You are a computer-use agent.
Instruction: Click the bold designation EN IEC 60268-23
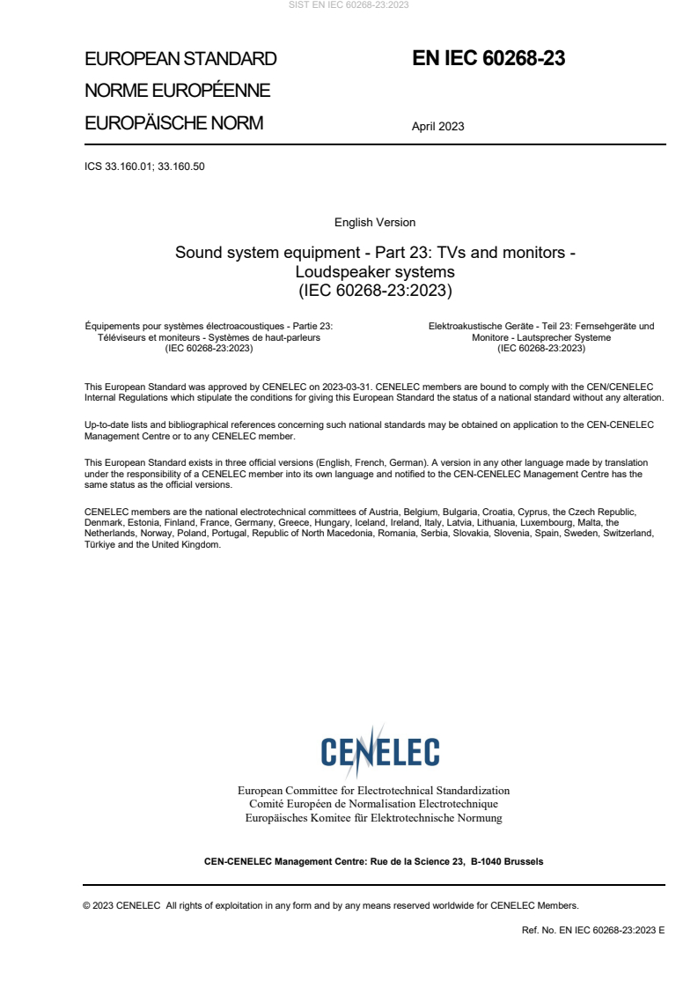coord(489,59)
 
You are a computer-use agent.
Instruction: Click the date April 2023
coord(437,126)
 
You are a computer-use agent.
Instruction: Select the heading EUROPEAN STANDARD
coord(180,59)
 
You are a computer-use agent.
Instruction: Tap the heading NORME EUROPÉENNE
coord(177,91)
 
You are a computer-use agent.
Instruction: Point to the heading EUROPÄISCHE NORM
coord(173,123)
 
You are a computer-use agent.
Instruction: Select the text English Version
coord(375,223)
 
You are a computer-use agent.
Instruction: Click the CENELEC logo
coord(379,751)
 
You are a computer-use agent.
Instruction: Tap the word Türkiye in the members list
coord(100,544)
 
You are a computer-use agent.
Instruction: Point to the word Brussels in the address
coord(523,861)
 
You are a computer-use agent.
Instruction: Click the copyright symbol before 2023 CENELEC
coord(87,905)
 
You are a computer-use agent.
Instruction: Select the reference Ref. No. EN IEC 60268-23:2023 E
coord(593,930)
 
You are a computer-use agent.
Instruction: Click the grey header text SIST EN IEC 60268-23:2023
coord(349,5)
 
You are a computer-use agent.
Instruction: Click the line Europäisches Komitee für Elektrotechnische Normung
coord(374,818)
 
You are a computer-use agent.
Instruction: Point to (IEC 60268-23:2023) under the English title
coord(375,290)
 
